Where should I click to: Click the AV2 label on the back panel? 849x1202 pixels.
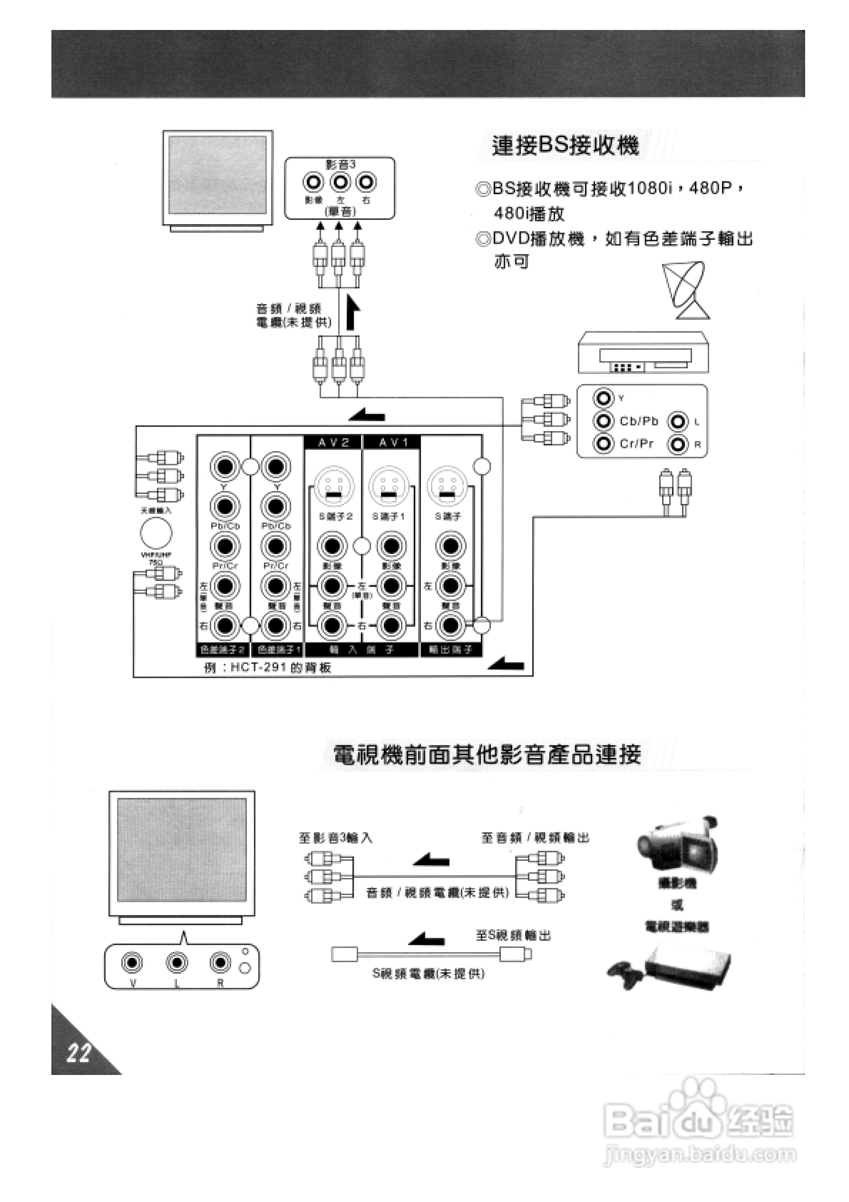[334, 443]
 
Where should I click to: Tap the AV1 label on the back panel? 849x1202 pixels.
[392, 443]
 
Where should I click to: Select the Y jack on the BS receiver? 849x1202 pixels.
[603, 398]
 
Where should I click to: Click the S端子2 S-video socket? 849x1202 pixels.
[334, 486]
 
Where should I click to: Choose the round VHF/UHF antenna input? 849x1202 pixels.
[156, 533]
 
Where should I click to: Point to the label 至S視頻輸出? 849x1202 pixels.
[513, 935]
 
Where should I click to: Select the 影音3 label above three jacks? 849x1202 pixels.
[340, 165]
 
